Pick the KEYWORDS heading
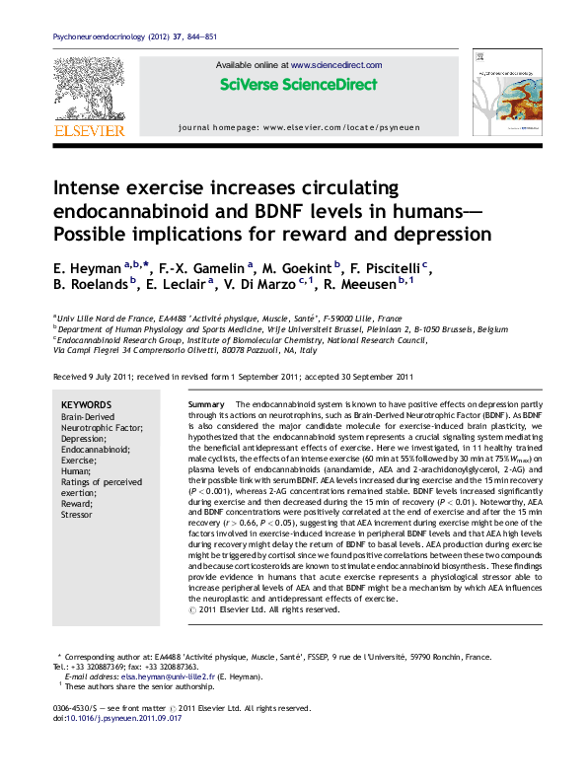86,405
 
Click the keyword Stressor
77,514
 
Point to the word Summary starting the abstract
206,405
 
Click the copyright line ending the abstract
263,608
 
